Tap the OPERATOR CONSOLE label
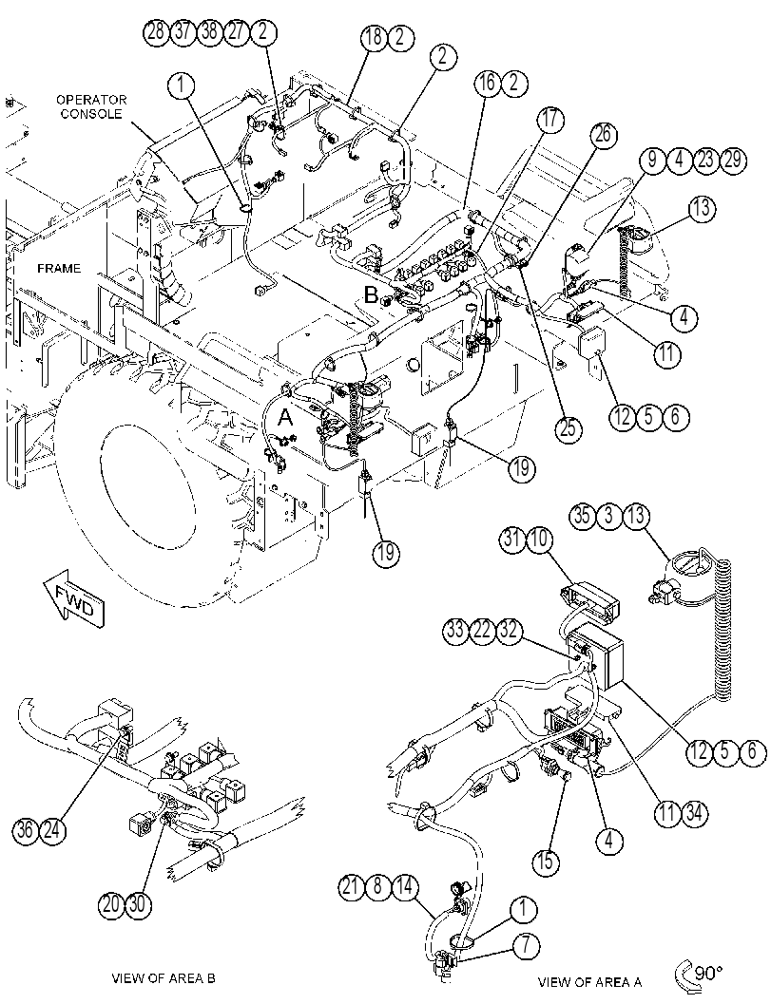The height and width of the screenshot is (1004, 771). click(x=91, y=107)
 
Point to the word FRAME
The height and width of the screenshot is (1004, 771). click(x=59, y=268)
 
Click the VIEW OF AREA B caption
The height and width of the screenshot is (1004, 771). click(x=164, y=977)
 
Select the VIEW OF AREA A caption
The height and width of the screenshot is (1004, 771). click(x=589, y=981)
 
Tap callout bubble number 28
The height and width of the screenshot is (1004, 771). click(x=156, y=31)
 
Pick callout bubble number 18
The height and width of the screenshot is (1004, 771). click(x=374, y=37)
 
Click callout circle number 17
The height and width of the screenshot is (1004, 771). click(x=550, y=121)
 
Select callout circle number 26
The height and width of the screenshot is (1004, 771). click(x=604, y=135)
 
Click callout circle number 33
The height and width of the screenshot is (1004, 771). click(x=455, y=631)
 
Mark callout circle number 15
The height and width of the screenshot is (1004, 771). click(x=545, y=861)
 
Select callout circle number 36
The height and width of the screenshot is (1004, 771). click(x=26, y=830)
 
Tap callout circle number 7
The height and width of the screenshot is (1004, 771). click(x=526, y=946)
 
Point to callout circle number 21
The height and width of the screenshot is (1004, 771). click(x=352, y=888)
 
